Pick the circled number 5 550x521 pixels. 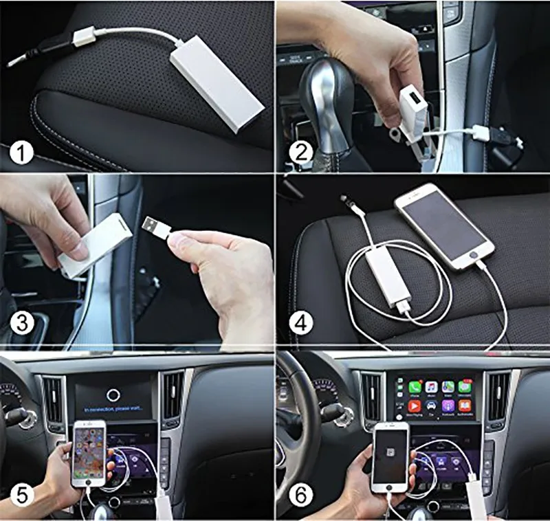(23, 493)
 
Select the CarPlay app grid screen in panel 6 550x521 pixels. (437, 396)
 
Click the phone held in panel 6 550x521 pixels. (390, 457)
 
